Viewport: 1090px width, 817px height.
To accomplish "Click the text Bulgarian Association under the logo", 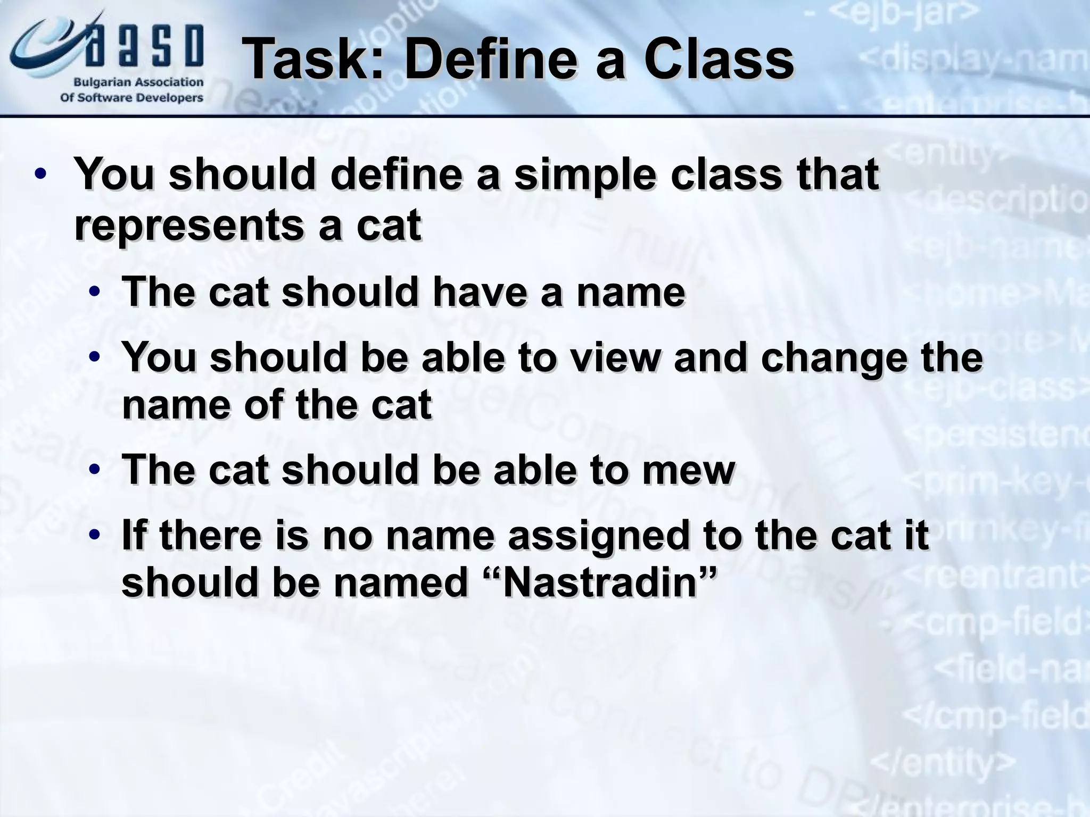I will coord(138,82).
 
